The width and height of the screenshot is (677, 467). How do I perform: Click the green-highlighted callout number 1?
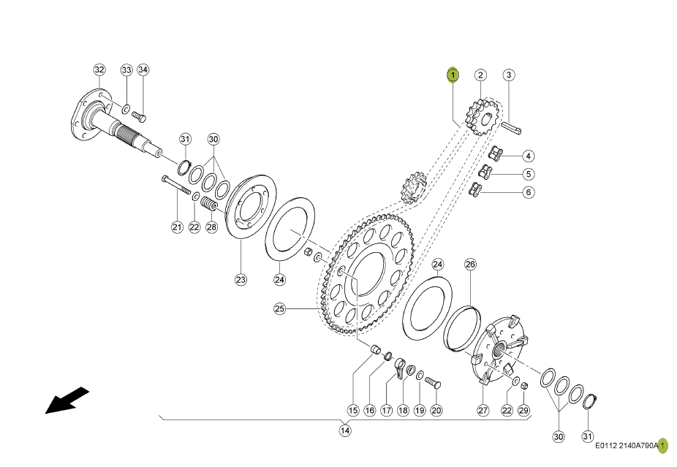click(453, 75)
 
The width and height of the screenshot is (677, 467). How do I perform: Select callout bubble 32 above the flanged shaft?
click(99, 69)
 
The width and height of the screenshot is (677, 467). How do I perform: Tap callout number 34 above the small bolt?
click(143, 69)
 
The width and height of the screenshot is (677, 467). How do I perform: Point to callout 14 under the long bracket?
click(344, 430)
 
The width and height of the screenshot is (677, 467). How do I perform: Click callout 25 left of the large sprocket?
click(280, 308)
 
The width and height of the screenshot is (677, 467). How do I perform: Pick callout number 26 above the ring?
click(470, 264)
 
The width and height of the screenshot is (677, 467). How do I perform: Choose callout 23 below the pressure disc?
click(241, 279)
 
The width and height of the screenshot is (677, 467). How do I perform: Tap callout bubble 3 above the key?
click(509, 75)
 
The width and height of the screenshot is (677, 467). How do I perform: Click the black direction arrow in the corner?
click(67, 400)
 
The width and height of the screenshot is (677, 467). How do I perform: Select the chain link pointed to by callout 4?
click(496, 153)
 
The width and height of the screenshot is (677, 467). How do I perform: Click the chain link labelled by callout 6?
click(477, 189)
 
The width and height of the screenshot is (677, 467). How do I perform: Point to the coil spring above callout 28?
click(211, 205)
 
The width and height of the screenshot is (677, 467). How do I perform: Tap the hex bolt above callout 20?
click(432, 382)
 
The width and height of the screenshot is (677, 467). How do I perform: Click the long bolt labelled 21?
click(176, 185)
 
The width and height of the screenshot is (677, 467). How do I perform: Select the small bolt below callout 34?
click(139, 116)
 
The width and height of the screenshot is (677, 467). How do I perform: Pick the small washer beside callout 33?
click(126, 109)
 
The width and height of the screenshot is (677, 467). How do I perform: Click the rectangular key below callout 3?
click(512, 128)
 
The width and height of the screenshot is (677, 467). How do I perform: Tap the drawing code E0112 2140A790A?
click(627, 446)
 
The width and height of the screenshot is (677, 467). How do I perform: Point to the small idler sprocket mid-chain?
click(414, 187)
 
